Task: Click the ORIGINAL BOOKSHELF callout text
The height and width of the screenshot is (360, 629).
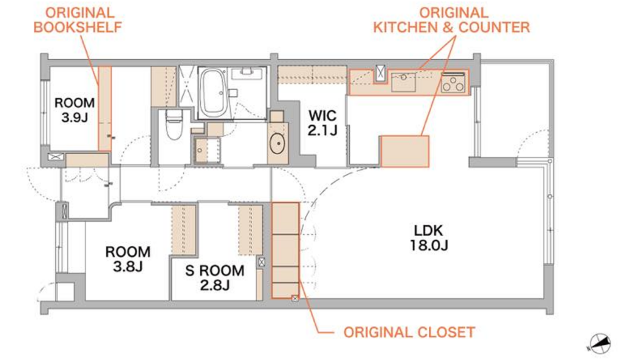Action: point(77,20)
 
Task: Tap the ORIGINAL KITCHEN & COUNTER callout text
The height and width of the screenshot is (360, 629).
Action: point(451,20)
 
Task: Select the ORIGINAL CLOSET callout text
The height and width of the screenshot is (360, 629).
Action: point(409,332)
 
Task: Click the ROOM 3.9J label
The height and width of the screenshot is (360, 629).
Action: point(75,110)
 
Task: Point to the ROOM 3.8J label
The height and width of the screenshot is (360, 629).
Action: point(128,259)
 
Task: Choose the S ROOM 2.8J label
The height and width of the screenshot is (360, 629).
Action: point(214,278)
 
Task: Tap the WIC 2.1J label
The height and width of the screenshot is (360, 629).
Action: point(323,122)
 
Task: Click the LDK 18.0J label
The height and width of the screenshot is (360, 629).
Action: point(429,238)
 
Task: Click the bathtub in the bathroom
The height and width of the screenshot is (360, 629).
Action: point(212,93)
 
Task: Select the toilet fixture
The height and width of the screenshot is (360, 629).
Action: point(174,124)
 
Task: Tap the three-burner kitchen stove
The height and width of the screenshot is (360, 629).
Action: point(454,82)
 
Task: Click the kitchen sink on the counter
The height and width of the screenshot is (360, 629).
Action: point(403,82)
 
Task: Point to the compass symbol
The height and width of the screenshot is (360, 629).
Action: point(599,344)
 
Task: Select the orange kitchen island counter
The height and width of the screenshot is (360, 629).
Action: point(404,151)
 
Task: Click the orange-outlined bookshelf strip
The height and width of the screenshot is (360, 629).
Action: point(105,109)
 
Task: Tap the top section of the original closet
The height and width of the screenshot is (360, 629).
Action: point(286,219)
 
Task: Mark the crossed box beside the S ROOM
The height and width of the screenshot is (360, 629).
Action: point(262,262)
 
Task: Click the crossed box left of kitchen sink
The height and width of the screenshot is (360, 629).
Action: point(380,73)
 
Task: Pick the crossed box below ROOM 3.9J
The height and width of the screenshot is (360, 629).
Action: point(56,157)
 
